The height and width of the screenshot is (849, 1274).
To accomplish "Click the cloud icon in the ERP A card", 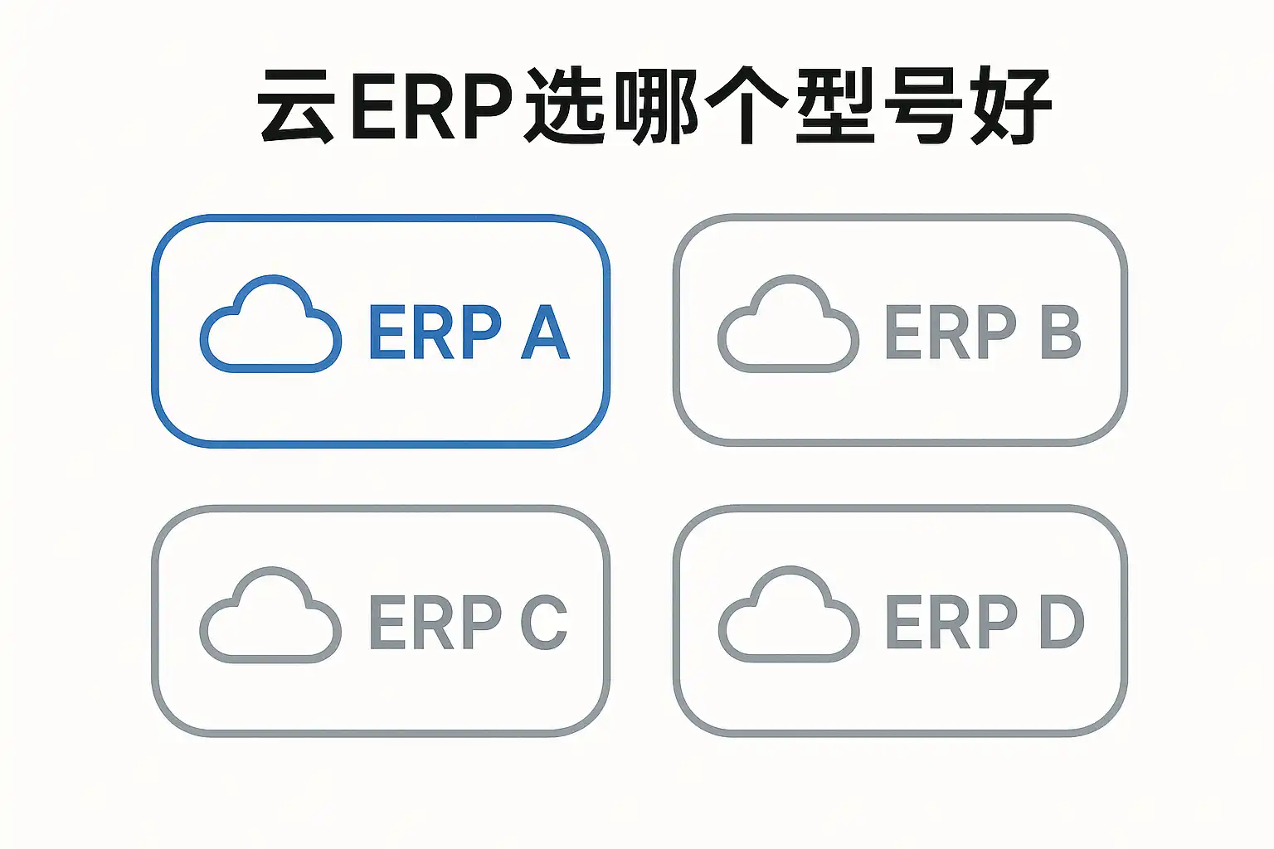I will click(270, 324).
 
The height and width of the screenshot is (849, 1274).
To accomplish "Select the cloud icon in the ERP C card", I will click(270, 616).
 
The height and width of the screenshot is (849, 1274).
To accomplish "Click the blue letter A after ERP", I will click(546, 332).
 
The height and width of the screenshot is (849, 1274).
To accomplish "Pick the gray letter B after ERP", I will click(1061, 332).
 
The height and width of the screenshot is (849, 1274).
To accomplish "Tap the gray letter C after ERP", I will click(544, 622).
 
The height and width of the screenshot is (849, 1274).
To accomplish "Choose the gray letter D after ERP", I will click(1062, 622).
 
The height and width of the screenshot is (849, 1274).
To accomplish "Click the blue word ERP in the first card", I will click(435, 332).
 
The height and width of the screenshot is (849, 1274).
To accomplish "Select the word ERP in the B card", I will click(951, 332).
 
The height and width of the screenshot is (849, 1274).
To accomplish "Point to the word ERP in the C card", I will click(435, 622).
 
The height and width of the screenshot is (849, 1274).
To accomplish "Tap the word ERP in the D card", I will click(951, 622).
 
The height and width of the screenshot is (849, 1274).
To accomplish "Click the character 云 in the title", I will click(297, 106).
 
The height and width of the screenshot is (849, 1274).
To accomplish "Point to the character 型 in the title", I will click(834, 106).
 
